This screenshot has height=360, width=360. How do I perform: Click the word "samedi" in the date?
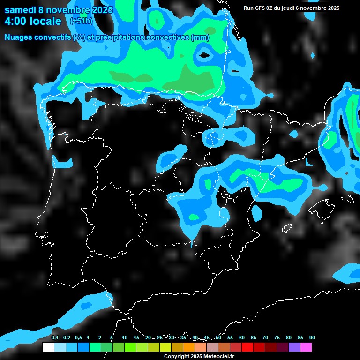click(x=21, y=10)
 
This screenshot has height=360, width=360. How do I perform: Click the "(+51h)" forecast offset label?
click(x=81, y=21)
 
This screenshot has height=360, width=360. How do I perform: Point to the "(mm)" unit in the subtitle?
click(x=200, y=37)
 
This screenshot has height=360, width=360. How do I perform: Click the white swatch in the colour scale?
click(x=48, y=347)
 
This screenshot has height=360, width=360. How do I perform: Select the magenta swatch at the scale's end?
click(x=306, y=347)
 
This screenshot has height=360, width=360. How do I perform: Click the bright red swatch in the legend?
click(x=247, y=347)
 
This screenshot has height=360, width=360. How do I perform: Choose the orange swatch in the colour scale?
click(x=189, y=347)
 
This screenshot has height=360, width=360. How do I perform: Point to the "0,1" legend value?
click(x=55, y=338)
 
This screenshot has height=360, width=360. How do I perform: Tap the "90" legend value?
click(x=312, y=338)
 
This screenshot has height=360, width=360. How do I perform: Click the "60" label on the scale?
click(x=242, y=338)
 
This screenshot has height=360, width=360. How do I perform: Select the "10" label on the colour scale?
click(x=125, y=338)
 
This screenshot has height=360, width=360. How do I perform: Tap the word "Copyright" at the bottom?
click(x=177, y=356)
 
